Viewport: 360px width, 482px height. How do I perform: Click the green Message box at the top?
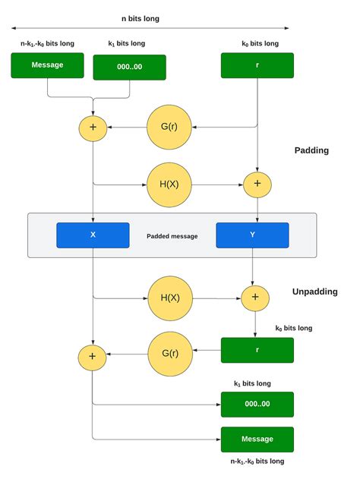click(46, 65)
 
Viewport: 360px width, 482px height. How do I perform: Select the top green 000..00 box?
click(129, 67)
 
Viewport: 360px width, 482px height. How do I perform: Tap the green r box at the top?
click(257, 65)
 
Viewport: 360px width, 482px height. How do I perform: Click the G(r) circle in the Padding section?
click(169, 126)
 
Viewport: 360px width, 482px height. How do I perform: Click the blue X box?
click(93, 235)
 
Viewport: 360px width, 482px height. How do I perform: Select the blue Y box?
click(252, 235)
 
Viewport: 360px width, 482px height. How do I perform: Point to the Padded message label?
click(172, 236)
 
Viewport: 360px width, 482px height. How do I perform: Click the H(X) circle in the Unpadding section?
click(170, 297)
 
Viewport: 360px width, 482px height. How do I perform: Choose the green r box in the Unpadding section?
click(257, 350)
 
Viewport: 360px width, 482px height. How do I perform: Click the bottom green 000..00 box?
click(257, 404)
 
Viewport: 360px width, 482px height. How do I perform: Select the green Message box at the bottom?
click(257, 439)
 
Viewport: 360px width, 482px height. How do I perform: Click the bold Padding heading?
click(311, 150)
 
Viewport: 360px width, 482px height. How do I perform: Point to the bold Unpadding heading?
click(315, 291)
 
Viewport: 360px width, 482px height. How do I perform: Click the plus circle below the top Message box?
click(93, 127)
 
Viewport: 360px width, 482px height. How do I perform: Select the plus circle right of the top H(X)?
click(257, 184)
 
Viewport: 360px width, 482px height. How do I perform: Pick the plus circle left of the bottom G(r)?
click(93, 355)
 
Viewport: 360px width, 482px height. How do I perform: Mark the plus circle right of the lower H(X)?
click(255, 297)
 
